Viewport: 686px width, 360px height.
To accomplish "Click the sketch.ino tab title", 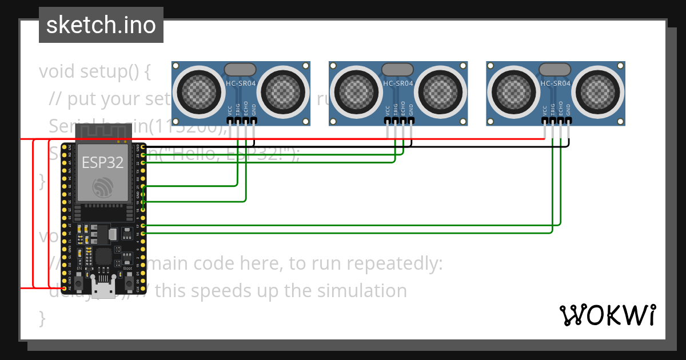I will pos(101,25).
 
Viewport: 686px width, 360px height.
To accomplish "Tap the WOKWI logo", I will pos(607,315).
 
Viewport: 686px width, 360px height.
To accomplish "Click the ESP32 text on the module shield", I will pos(103,162).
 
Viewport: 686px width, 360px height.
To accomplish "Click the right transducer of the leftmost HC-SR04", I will pos(284,90).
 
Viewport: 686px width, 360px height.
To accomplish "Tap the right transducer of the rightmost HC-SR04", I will pos(599,90).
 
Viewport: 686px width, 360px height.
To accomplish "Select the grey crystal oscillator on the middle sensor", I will pos(398,69).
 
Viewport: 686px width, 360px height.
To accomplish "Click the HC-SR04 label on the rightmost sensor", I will pos(555,83).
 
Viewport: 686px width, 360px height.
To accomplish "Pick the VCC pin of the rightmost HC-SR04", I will pos(545,121).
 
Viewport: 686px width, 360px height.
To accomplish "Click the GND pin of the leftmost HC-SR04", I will pos(254,121).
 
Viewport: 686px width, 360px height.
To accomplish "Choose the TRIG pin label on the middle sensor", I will pos(395,109).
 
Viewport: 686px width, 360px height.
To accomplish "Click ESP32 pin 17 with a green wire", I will pos(142,226).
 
